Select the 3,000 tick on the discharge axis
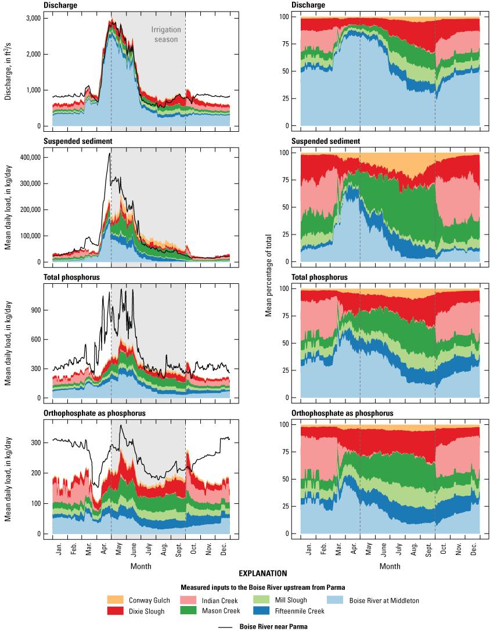[x=34, y=18]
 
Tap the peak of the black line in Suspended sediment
[x=109, y=153]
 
